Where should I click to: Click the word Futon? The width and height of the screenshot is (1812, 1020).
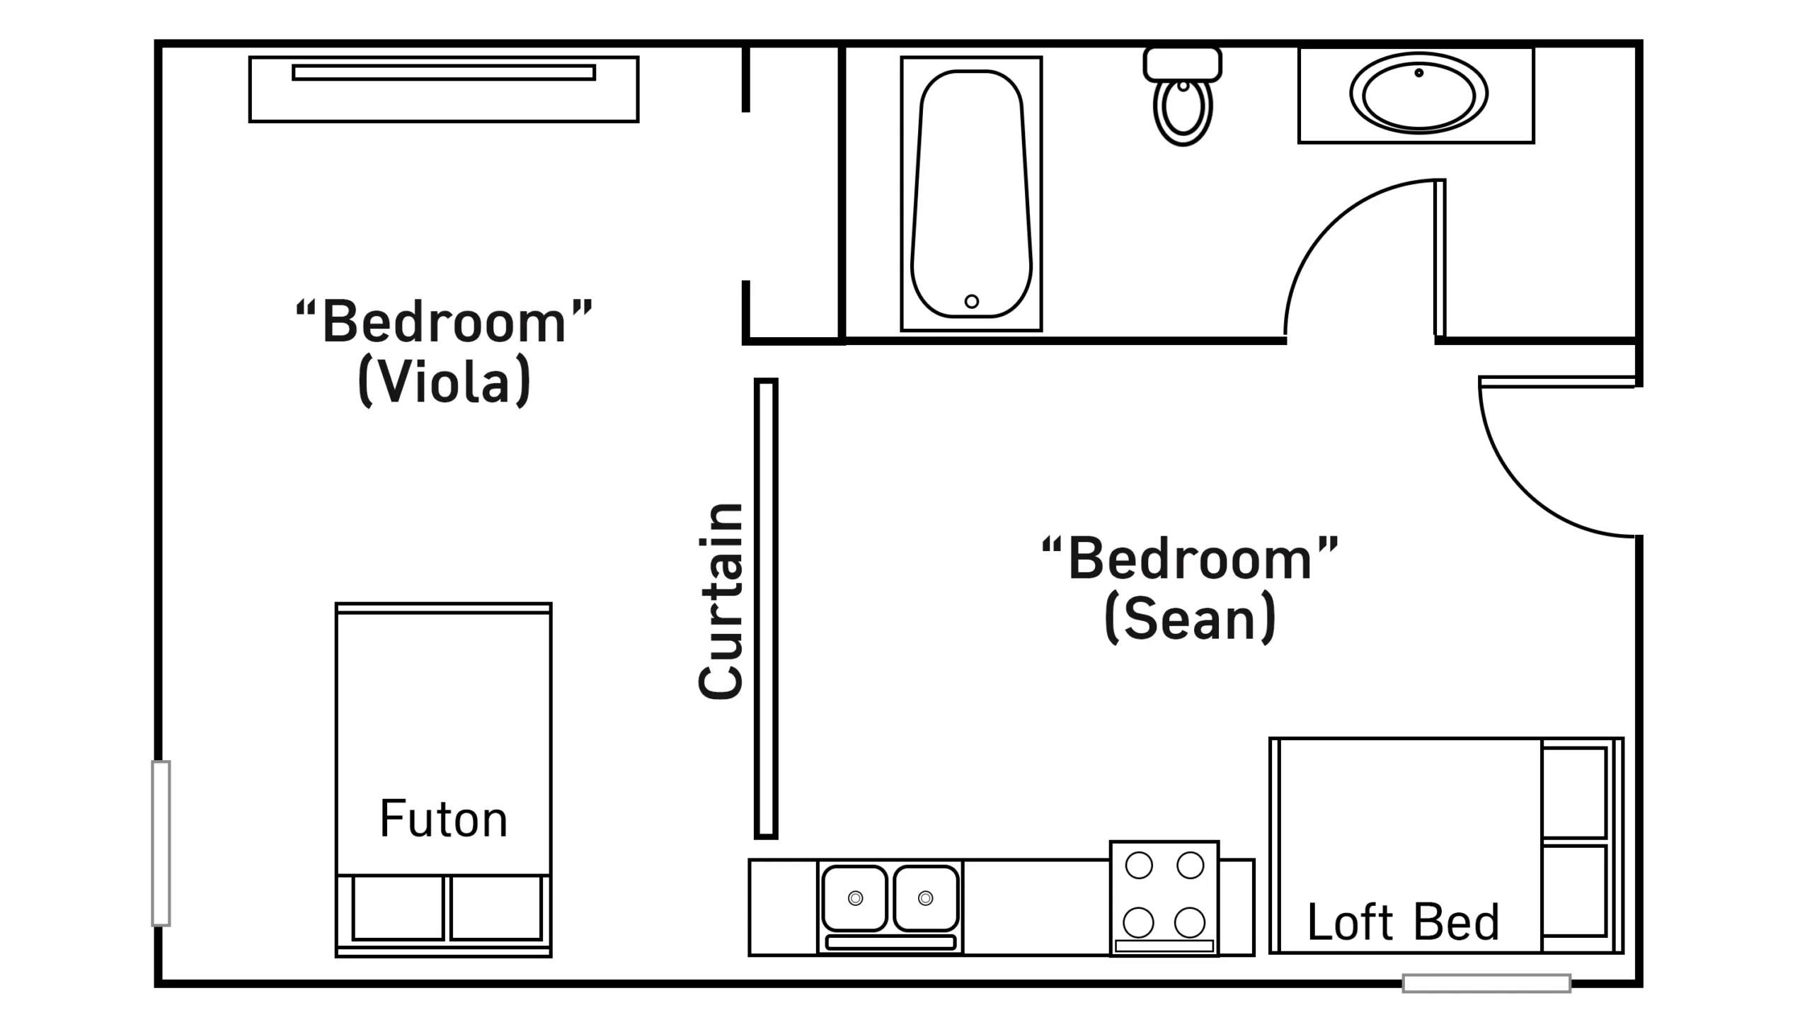click(x=444, y=819)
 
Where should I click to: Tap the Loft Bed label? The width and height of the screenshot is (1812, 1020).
click(x=1404, y=922)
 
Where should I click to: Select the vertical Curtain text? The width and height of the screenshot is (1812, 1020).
click(x=721, y=601)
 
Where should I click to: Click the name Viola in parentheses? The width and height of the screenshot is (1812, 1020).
click(x=445, y=381)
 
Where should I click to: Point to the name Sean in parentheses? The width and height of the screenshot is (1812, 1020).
click(x=1191, y=618)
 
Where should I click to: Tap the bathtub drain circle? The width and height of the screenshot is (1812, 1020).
click(x=972, y=302)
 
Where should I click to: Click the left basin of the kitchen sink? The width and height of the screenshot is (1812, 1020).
click(x=855, y=898)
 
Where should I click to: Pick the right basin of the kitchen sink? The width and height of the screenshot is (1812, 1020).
click(x=926, y=898)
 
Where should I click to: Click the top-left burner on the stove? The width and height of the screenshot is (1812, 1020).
click(x=1139, y=866)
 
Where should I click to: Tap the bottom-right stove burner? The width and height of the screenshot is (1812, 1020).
click(x=1190, y=922)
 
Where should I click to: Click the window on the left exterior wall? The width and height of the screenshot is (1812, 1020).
click(x=161, y=843)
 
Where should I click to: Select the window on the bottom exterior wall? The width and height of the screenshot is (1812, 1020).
click(x=1486, y=983)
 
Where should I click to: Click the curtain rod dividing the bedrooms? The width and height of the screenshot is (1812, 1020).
click(x=766, y=608)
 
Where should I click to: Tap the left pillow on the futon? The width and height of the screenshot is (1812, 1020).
click(x=398, y=908)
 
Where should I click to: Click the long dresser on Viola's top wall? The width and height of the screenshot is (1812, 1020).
click(x=444, y=89)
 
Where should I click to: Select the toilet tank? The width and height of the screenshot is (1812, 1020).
click(x=1183, y=64)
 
